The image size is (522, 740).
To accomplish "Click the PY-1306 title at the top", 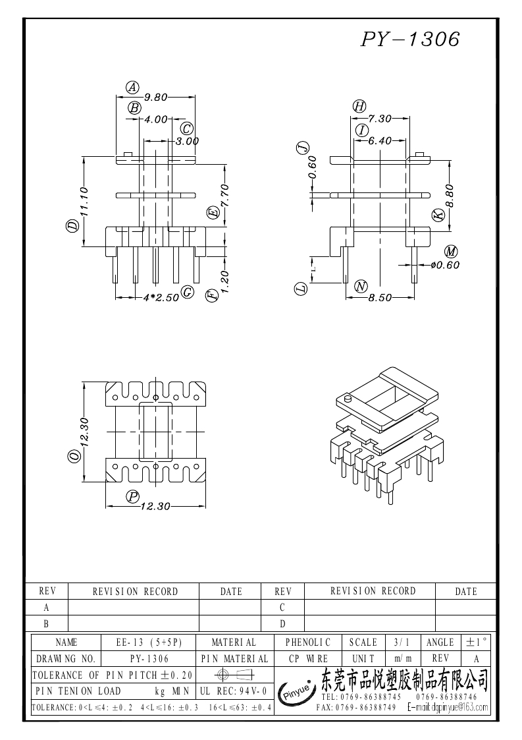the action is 410,39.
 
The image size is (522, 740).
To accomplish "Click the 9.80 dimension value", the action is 156,98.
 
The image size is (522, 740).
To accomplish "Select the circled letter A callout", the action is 132,87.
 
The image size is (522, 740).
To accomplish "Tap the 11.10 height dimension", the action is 85,202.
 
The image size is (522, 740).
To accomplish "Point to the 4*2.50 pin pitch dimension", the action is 161,297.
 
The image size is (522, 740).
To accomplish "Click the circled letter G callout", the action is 188,292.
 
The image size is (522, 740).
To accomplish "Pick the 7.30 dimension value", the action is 380,119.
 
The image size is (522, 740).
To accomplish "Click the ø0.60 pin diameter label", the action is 445,265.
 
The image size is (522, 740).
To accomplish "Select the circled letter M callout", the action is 452,252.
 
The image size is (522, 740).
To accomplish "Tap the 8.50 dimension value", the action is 380,298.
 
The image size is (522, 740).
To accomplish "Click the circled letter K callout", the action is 438,215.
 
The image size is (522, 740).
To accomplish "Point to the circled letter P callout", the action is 133,496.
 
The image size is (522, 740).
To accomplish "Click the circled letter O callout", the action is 74,457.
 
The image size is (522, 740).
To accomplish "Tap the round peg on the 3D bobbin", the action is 348,399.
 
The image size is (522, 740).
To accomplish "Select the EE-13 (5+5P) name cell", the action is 149,642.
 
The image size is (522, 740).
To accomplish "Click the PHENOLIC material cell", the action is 308,642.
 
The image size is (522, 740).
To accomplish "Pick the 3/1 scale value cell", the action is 402,642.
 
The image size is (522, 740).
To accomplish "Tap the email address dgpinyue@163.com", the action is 448,708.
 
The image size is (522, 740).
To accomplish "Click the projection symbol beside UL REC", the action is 234,675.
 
